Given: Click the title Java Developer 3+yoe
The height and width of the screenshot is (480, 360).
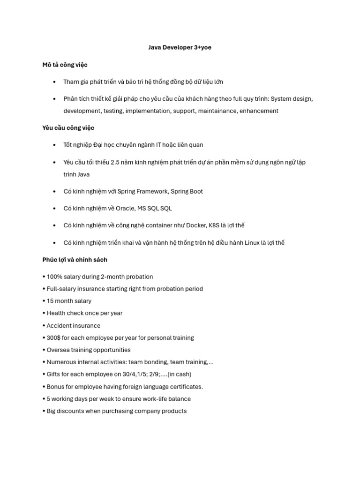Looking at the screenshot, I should [180, 47].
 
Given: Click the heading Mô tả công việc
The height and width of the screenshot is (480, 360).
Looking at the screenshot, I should [65, 65].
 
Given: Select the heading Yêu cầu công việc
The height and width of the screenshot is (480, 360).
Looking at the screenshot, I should [68, 128].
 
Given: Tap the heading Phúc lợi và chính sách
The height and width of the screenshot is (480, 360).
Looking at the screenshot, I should [75, 260].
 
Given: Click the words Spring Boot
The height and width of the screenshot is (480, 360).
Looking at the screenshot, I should [187, 191].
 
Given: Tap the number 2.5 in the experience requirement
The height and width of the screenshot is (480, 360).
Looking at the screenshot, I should [116, 162].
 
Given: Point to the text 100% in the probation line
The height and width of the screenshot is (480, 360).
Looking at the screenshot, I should [55, 277].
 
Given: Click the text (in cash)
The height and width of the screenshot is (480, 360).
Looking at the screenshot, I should [179, 375].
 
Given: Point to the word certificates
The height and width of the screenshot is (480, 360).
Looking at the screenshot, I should [186, 387].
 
